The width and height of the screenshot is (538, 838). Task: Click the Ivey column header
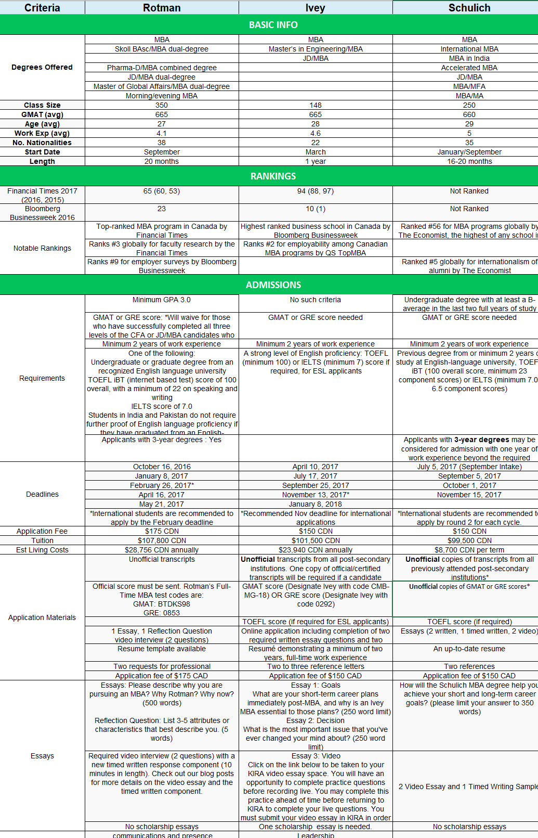tap(316, 8)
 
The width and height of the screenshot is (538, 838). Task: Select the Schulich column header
tap(469, 8)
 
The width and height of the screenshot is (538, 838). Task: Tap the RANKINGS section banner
tap(273, 176)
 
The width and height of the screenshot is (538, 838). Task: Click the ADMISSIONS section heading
tap(273, 285)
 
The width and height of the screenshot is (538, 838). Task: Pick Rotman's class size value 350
tap(162, 105)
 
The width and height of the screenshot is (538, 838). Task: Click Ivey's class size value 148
tap(316, 105)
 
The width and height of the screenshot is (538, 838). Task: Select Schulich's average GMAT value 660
tap(469, 114)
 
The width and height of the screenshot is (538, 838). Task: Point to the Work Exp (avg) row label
tap(42, 133)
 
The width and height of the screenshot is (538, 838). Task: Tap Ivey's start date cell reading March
tap(316, 152)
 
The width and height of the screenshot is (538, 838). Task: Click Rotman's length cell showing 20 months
tap(162, 161)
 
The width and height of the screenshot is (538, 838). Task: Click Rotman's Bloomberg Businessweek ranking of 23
tap(162, 209)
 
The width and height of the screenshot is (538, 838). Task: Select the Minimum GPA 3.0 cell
tap(162, 300)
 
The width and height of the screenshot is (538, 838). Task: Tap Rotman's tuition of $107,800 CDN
tap(162, 540)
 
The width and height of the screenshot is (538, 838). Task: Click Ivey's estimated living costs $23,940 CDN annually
tap(316, 550)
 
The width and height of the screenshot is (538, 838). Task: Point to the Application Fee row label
tap(42, 531)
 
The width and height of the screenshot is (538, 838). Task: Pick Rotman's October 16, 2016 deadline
tap(162, 467)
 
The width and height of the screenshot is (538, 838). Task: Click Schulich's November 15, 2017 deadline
tap(469, 495)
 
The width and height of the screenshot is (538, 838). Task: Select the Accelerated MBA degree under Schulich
tap(469, 68)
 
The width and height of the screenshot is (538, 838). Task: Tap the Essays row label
tap(42, 756)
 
